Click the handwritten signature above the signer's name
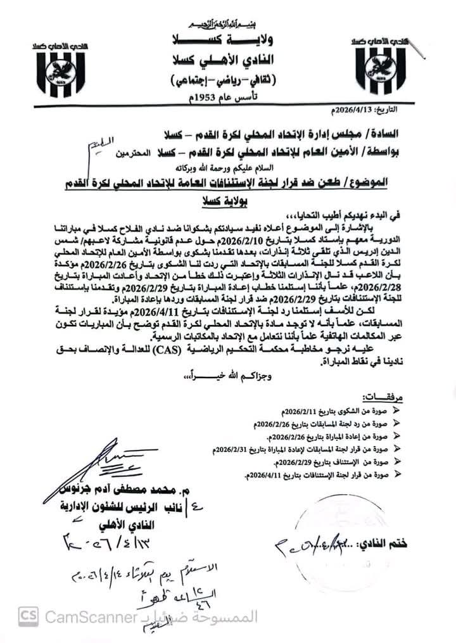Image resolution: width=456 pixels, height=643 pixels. (x=120, y=463)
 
